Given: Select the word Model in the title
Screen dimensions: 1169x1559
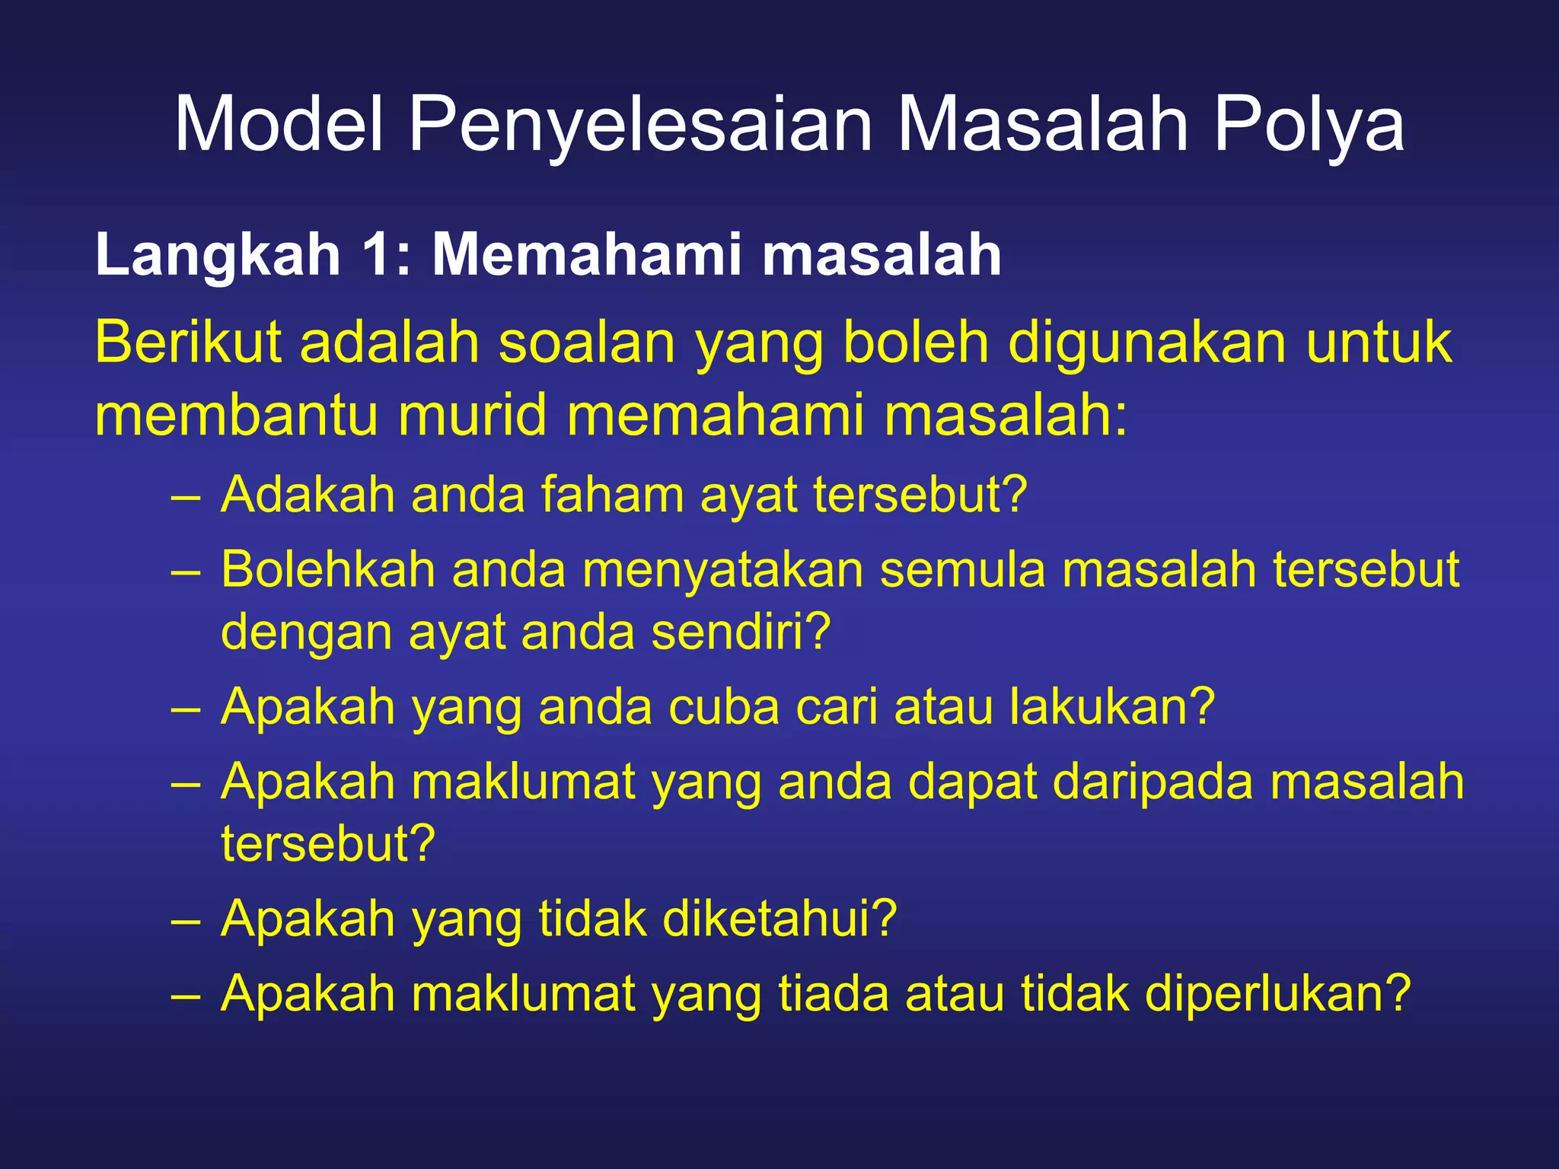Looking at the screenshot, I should click(279, 124).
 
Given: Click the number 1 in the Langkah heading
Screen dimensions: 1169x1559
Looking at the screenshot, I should click(378, 254).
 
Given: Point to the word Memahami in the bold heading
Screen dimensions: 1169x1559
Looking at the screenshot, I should click(586, 254).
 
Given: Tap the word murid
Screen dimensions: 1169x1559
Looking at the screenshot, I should click(472, 416).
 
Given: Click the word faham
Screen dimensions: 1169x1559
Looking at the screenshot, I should click(613, 495).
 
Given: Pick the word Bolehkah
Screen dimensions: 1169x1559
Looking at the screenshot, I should click(328, 569).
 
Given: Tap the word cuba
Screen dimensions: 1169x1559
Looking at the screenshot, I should click(724, 707).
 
